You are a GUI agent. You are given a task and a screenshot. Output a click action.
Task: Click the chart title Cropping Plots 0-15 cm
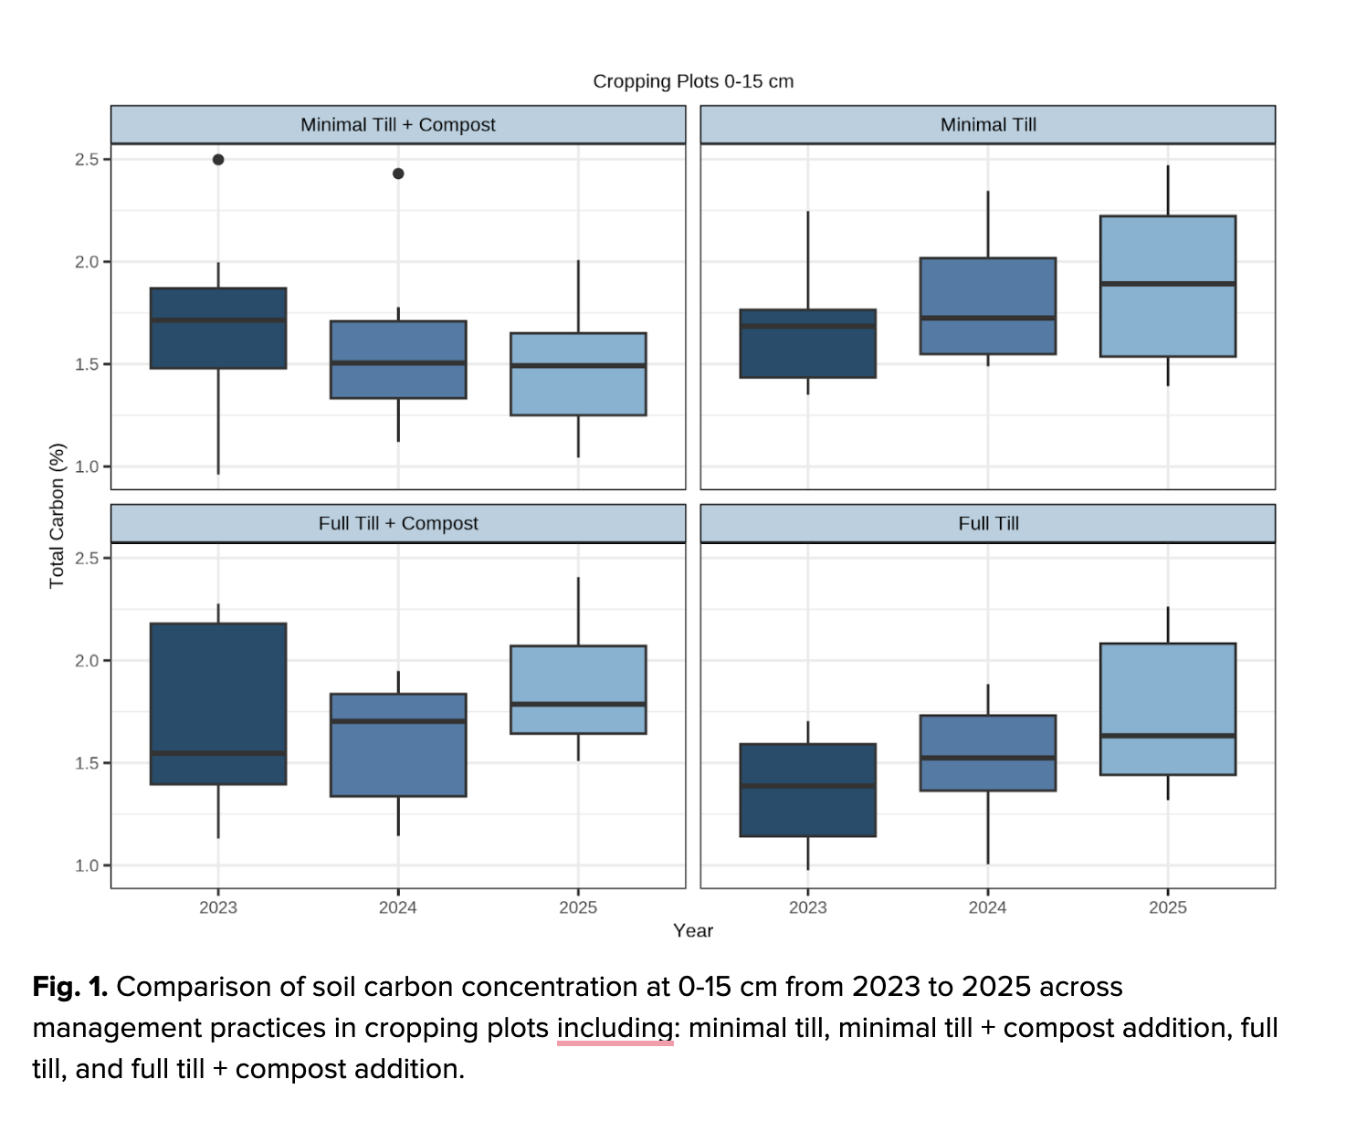tap(693, 81)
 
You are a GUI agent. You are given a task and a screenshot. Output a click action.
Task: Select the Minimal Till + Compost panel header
tap(398, 125)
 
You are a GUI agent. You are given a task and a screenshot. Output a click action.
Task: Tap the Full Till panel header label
tap(988, 524)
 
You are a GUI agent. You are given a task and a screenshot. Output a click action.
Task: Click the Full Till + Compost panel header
tap(398, 524)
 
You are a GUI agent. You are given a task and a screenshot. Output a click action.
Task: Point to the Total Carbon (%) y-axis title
tap(58, 515)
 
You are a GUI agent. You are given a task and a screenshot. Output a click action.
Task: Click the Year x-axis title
tap(693, 930)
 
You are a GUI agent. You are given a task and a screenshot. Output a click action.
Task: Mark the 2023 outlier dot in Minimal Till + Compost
tap(218, 160)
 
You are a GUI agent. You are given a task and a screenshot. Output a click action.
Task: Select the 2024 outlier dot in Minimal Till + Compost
tap(398, 173)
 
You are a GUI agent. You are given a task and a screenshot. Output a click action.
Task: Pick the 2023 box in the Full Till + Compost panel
tap(218, 694)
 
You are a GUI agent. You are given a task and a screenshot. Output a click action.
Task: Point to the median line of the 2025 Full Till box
tap(1168, 736)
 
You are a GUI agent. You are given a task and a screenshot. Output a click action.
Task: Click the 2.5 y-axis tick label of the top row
tap(87, 160)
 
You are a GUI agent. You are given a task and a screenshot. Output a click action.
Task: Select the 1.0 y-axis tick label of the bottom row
tap(87, 865)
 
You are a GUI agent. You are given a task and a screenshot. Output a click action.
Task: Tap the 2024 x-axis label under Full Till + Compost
tap(398, 907)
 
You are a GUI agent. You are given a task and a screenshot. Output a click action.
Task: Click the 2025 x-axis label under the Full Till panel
tap(1168, 907)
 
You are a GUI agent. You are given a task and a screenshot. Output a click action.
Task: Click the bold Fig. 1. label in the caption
tap(70, 987)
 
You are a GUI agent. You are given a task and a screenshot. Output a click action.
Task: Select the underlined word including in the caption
tap(615, 1028)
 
